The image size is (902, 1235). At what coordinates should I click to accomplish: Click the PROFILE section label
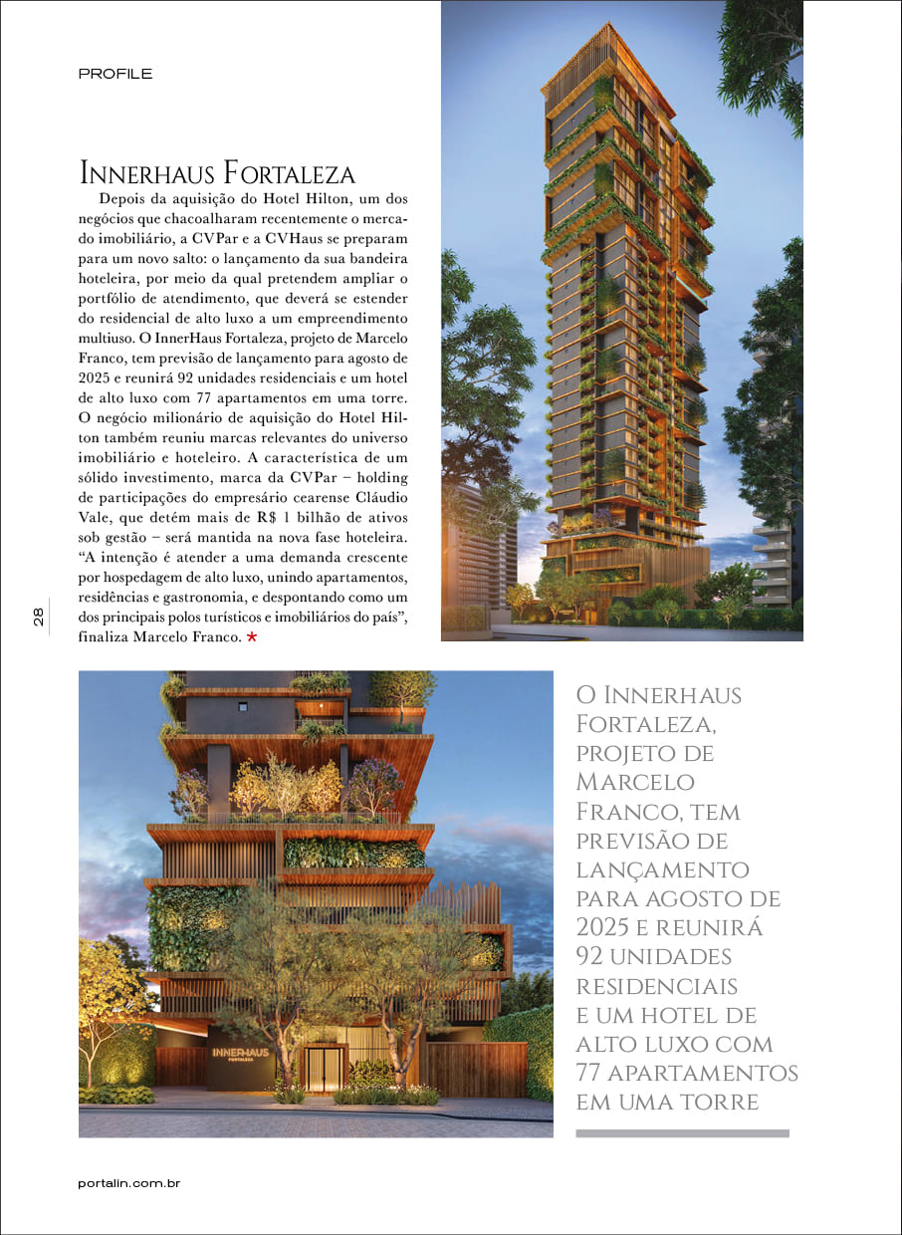point(114,74)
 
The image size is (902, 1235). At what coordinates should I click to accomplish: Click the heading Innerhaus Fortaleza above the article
point(217,173)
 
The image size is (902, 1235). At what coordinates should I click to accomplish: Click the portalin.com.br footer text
point(128,1183)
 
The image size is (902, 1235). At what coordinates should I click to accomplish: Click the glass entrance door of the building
point(324,1067)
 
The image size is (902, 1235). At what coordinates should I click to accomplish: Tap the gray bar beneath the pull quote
point(682,1132)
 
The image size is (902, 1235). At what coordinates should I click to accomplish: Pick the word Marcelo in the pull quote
point(635,782)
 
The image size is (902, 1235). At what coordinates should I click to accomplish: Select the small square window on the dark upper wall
point(242,706)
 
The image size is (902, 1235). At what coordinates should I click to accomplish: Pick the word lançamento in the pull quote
point(662,869)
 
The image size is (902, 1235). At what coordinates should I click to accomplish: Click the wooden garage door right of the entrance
point(477,1069)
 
